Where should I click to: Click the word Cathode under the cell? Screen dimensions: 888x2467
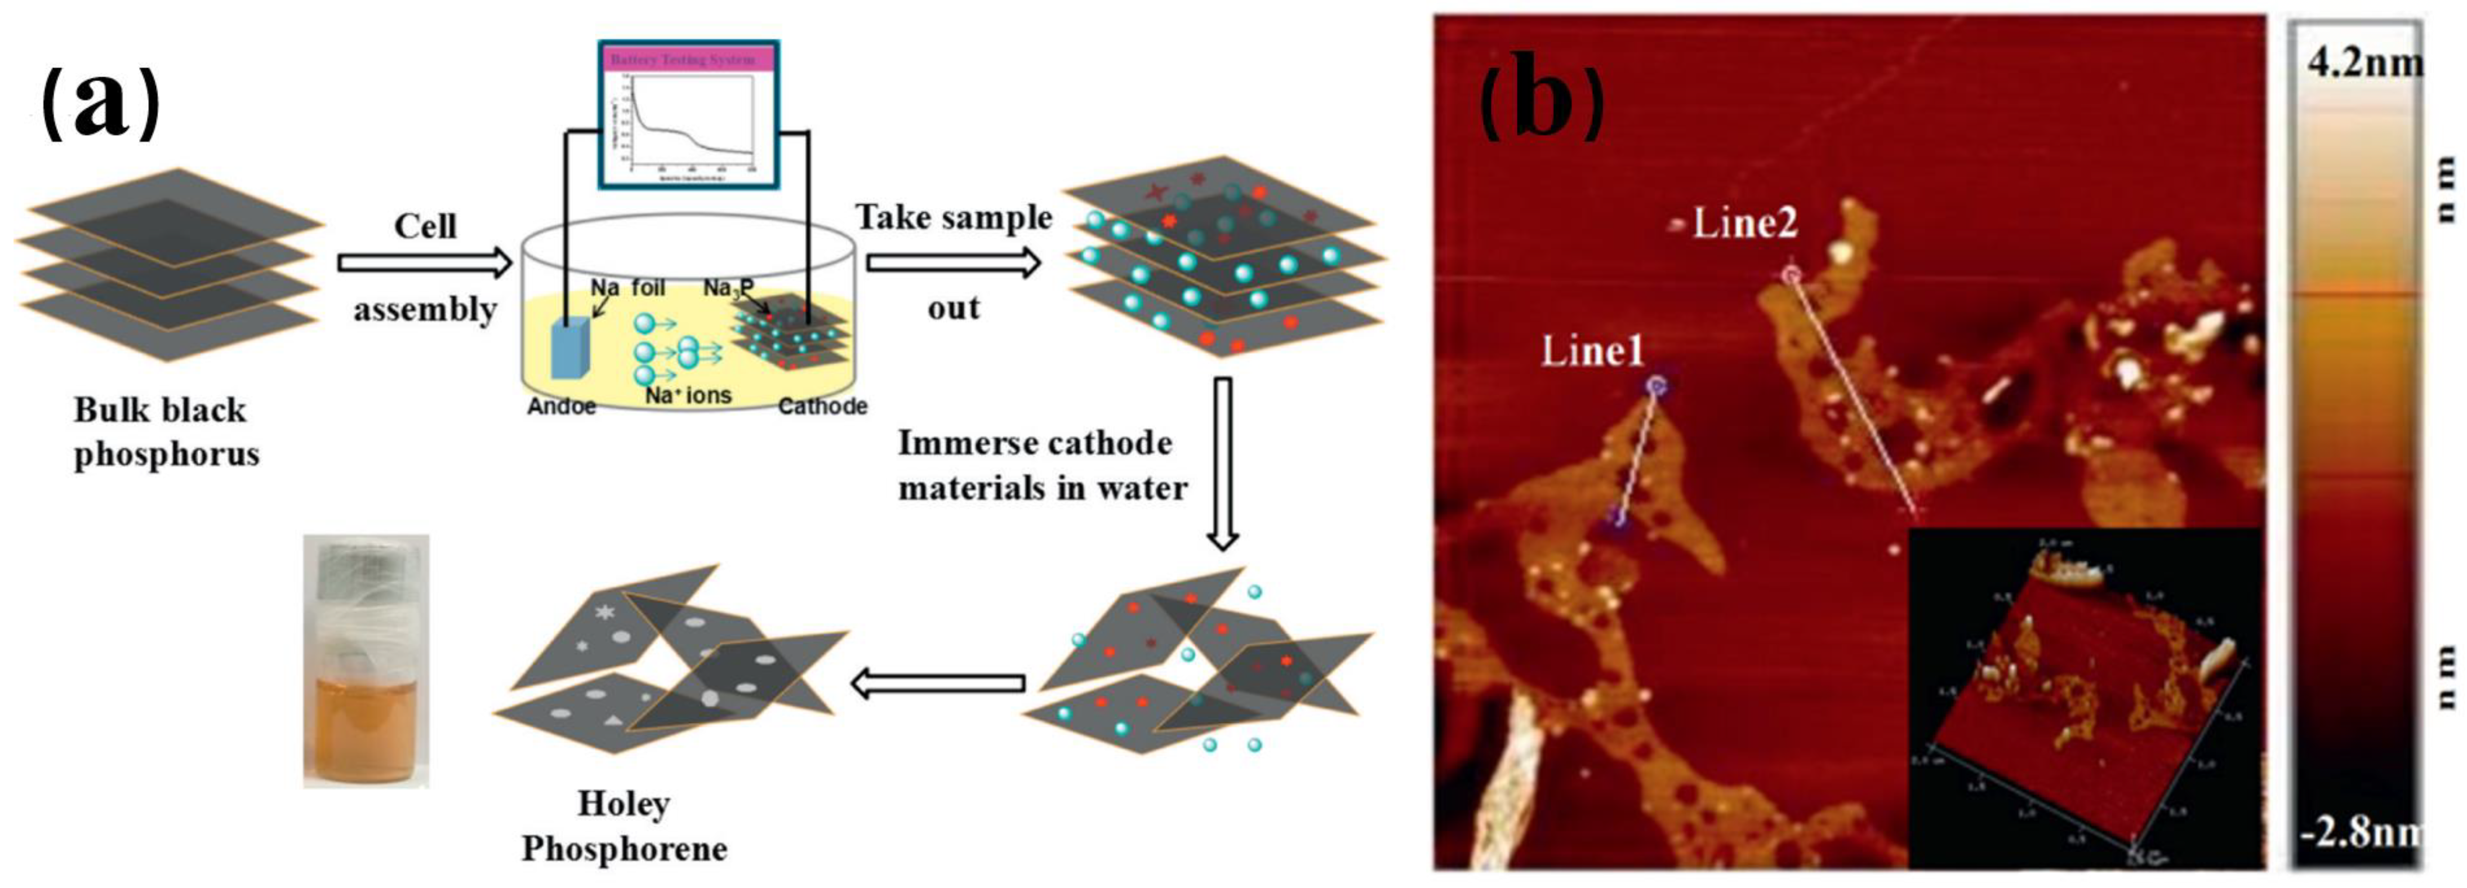pos(822,406)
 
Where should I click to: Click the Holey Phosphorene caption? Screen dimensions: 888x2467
pos(624,825)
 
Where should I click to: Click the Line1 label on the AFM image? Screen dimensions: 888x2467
pos(1592,351)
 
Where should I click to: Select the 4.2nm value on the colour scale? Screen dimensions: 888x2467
pos(2363,63)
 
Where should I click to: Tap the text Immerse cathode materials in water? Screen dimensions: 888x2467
pos(1042,466)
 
